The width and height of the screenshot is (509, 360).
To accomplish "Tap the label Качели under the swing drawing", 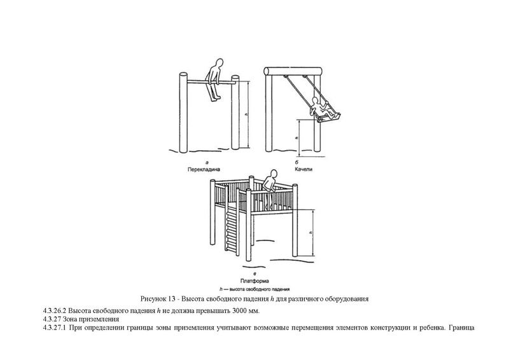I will (305, 170).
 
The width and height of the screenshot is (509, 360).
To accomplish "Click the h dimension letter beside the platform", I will (310, 233).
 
